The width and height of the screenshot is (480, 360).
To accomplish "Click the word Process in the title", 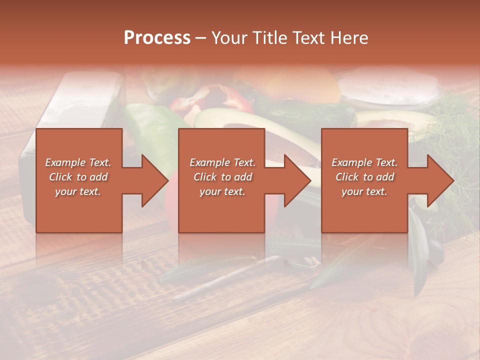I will tap(157, 38).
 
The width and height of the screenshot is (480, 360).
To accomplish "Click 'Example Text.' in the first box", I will tap(78, 162).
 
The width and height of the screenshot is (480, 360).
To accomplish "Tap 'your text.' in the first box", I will tap(78, 191).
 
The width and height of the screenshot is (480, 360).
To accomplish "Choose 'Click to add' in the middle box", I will tap(222, 177).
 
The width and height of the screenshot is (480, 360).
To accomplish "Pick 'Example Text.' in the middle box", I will tap(222, 162).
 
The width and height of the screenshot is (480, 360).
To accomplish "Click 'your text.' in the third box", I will tap(364, 191).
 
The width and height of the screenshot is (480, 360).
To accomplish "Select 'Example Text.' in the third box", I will tap(364, 162).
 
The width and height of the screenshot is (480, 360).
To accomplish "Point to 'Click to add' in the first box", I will tap(78, 177).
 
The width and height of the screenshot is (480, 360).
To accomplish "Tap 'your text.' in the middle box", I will tap(222, 191).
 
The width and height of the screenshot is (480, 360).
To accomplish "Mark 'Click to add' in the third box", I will tap(364, 177).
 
